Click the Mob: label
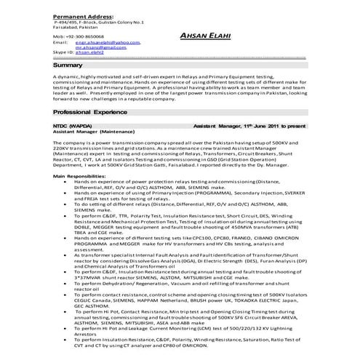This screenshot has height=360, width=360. pos(60,36)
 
